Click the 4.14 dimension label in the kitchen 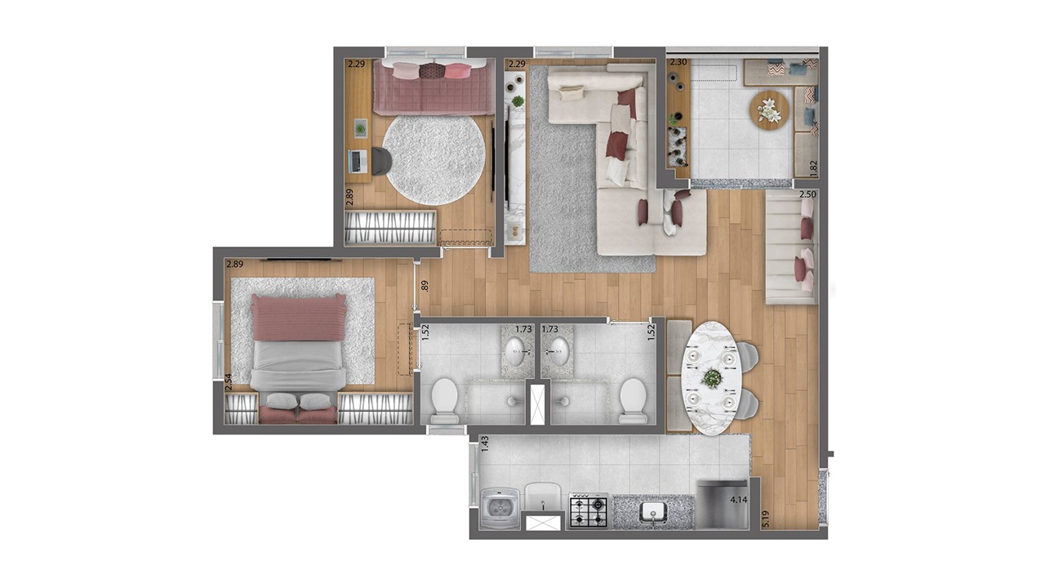coord(739,500)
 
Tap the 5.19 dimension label coord(766,519)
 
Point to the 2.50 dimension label coord(807,194)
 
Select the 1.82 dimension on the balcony coord(814,168)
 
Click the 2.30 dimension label coord(678,62)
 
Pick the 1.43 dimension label coord(485,443)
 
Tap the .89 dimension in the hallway coord(424,286)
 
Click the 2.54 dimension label coord(229,382)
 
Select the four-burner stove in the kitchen coord(589,510)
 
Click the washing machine coord(500,509)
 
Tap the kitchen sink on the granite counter coord(654,512)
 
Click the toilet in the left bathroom coord(444,400)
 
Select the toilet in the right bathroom coord(633,400)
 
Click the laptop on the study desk coord(358,162)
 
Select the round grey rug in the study coord(434,160)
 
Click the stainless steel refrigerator coord(723,505)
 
